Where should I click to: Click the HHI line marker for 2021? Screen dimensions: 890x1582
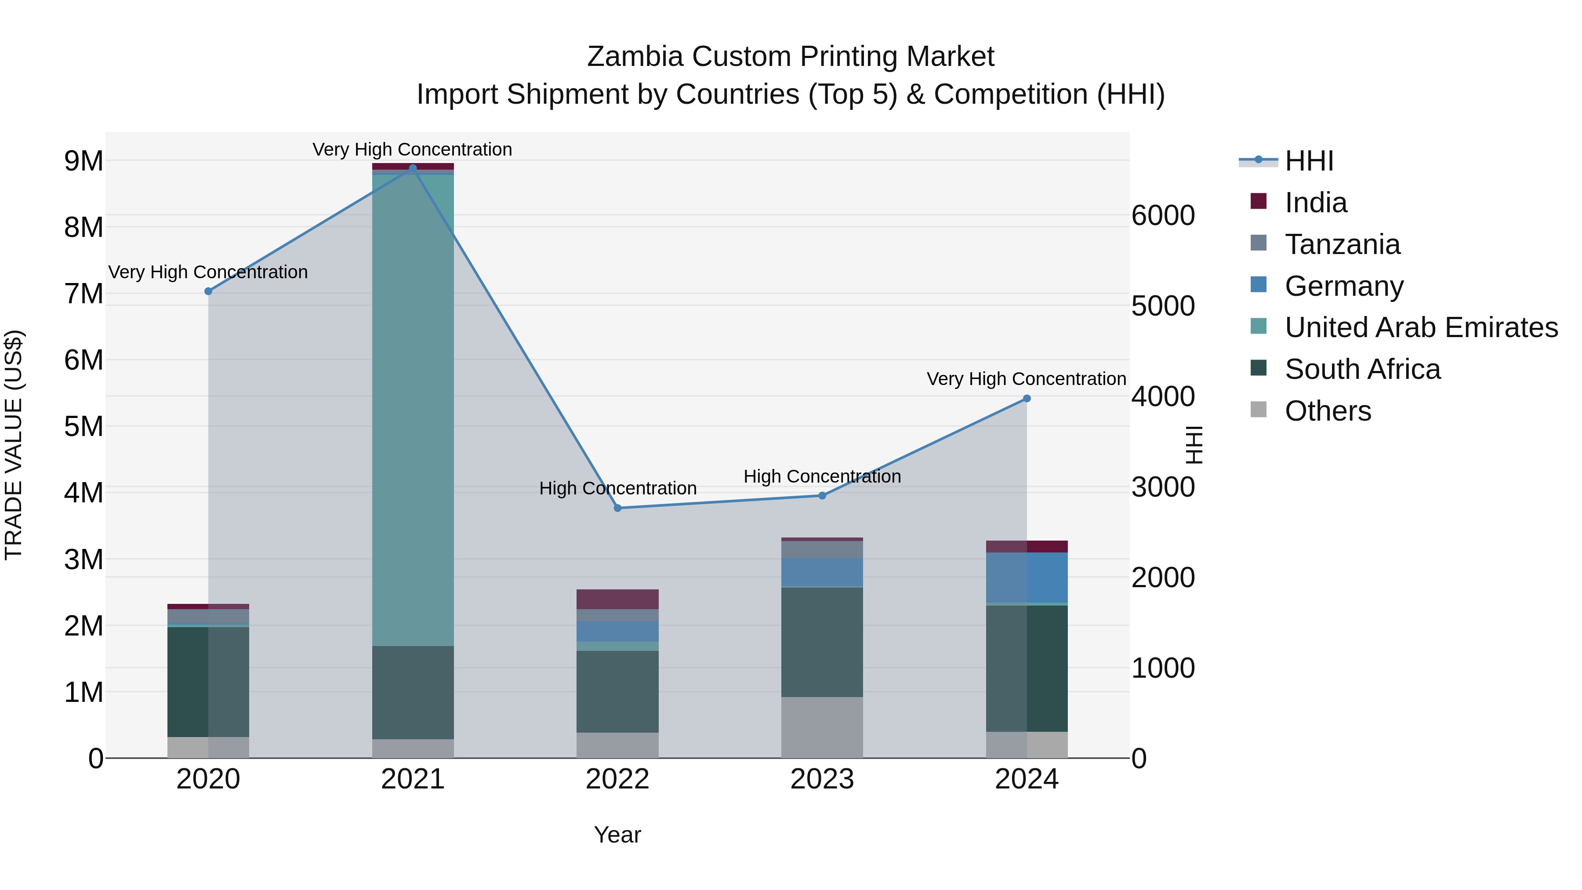(x=413, y=168)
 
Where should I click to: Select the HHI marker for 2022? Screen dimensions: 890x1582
(x=618, y=508)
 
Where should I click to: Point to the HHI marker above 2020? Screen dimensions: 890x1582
(x=208, y=291)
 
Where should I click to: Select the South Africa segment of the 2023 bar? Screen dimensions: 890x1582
(x=822, y=642)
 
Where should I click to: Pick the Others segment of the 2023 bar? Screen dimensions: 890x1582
(x=822, y=727)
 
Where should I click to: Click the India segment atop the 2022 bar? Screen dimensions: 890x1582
(x=617, y=599)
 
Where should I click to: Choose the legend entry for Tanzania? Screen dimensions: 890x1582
(x=1342, y=244)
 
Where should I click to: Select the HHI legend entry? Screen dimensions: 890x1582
(x=1308, y=161)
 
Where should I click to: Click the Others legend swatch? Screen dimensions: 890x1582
(x=1259, y=410)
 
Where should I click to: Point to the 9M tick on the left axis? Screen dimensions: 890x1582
(x=83, y=161)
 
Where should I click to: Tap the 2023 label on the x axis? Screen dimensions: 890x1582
(x=822, y=779)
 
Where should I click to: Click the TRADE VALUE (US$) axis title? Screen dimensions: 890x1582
(x=14, y=445)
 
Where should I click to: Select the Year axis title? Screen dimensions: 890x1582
(x=617, y=835)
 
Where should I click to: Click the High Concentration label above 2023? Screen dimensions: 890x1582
(x=822, y=476)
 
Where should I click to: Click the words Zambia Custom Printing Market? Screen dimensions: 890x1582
(x=791, y=57)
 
